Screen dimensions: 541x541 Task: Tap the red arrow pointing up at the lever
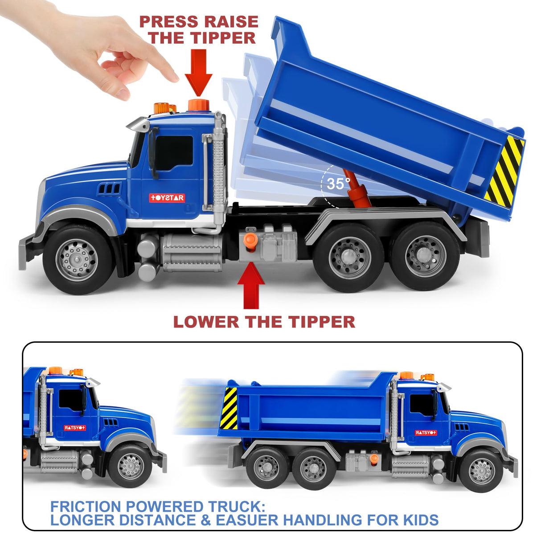point(251,285)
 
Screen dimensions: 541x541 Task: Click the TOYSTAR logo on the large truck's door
point(167,197)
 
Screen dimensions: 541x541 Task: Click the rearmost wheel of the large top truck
point(425,257)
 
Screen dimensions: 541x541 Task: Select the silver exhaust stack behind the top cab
point(218,169)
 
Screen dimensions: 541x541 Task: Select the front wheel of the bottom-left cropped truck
point(131,466)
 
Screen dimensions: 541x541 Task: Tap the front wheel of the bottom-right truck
point(481,470)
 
